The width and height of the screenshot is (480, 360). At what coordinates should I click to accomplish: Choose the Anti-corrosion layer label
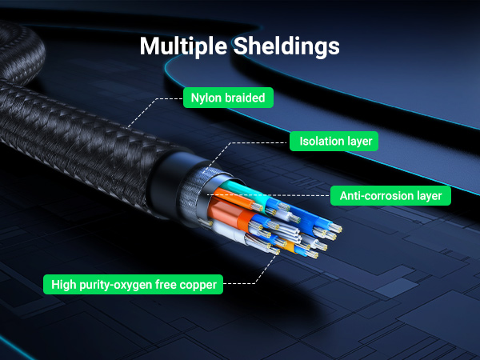[390, 195]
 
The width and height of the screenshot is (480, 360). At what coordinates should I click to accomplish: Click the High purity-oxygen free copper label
[134, 283]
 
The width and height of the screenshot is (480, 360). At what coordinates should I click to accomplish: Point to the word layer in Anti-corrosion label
[427, 195]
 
